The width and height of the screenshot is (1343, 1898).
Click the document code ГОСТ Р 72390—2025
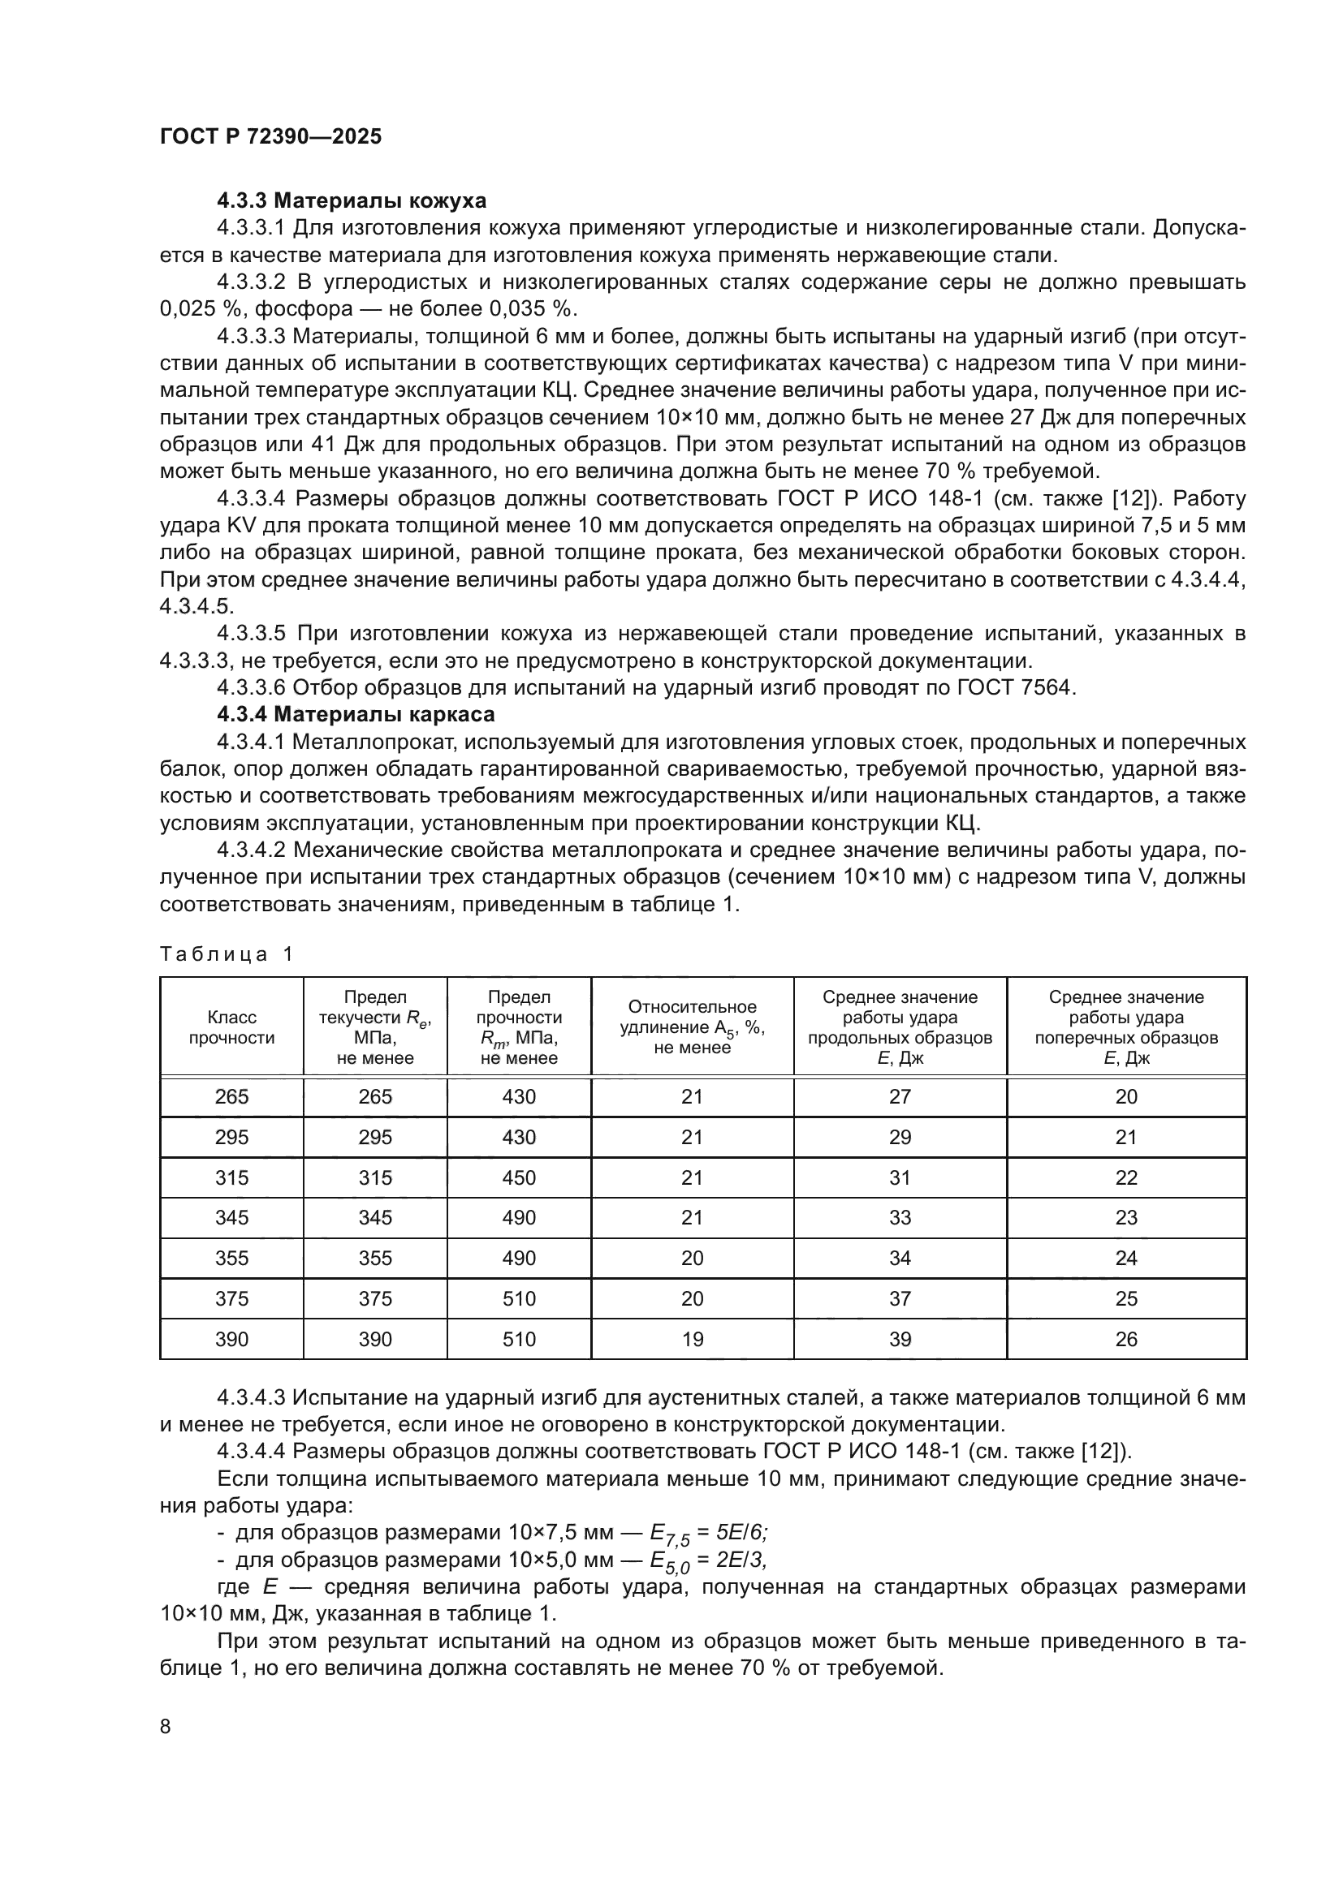(x=270, y=137)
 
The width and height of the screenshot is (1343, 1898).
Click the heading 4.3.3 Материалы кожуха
(x=352, y=201)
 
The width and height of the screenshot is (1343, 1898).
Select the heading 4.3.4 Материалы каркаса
(x=356, y=713)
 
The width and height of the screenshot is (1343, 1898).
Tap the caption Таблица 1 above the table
(x=227, y=954)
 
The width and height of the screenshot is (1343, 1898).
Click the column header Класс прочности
(x=231, y=1027)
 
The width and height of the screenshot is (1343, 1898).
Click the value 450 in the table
(x=519, y=1177)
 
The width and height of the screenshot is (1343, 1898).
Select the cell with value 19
(x=692, y=1338)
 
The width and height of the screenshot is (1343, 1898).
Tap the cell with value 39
(x=900, y=1338)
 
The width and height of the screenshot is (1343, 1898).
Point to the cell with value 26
(x=1126, y=1338)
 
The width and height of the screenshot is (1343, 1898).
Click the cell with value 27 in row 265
(x=900, y=1096)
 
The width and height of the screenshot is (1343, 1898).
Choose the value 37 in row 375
(x=900, y=1298)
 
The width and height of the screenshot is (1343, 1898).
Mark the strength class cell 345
(x=231, y=1217)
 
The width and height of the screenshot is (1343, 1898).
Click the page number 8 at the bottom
(x=166, y=1726)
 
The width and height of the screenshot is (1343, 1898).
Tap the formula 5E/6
(x=743, y=1533)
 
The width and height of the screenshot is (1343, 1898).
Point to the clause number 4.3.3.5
(x=251, y=633)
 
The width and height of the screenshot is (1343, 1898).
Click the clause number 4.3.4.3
(x=251, y=1398)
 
